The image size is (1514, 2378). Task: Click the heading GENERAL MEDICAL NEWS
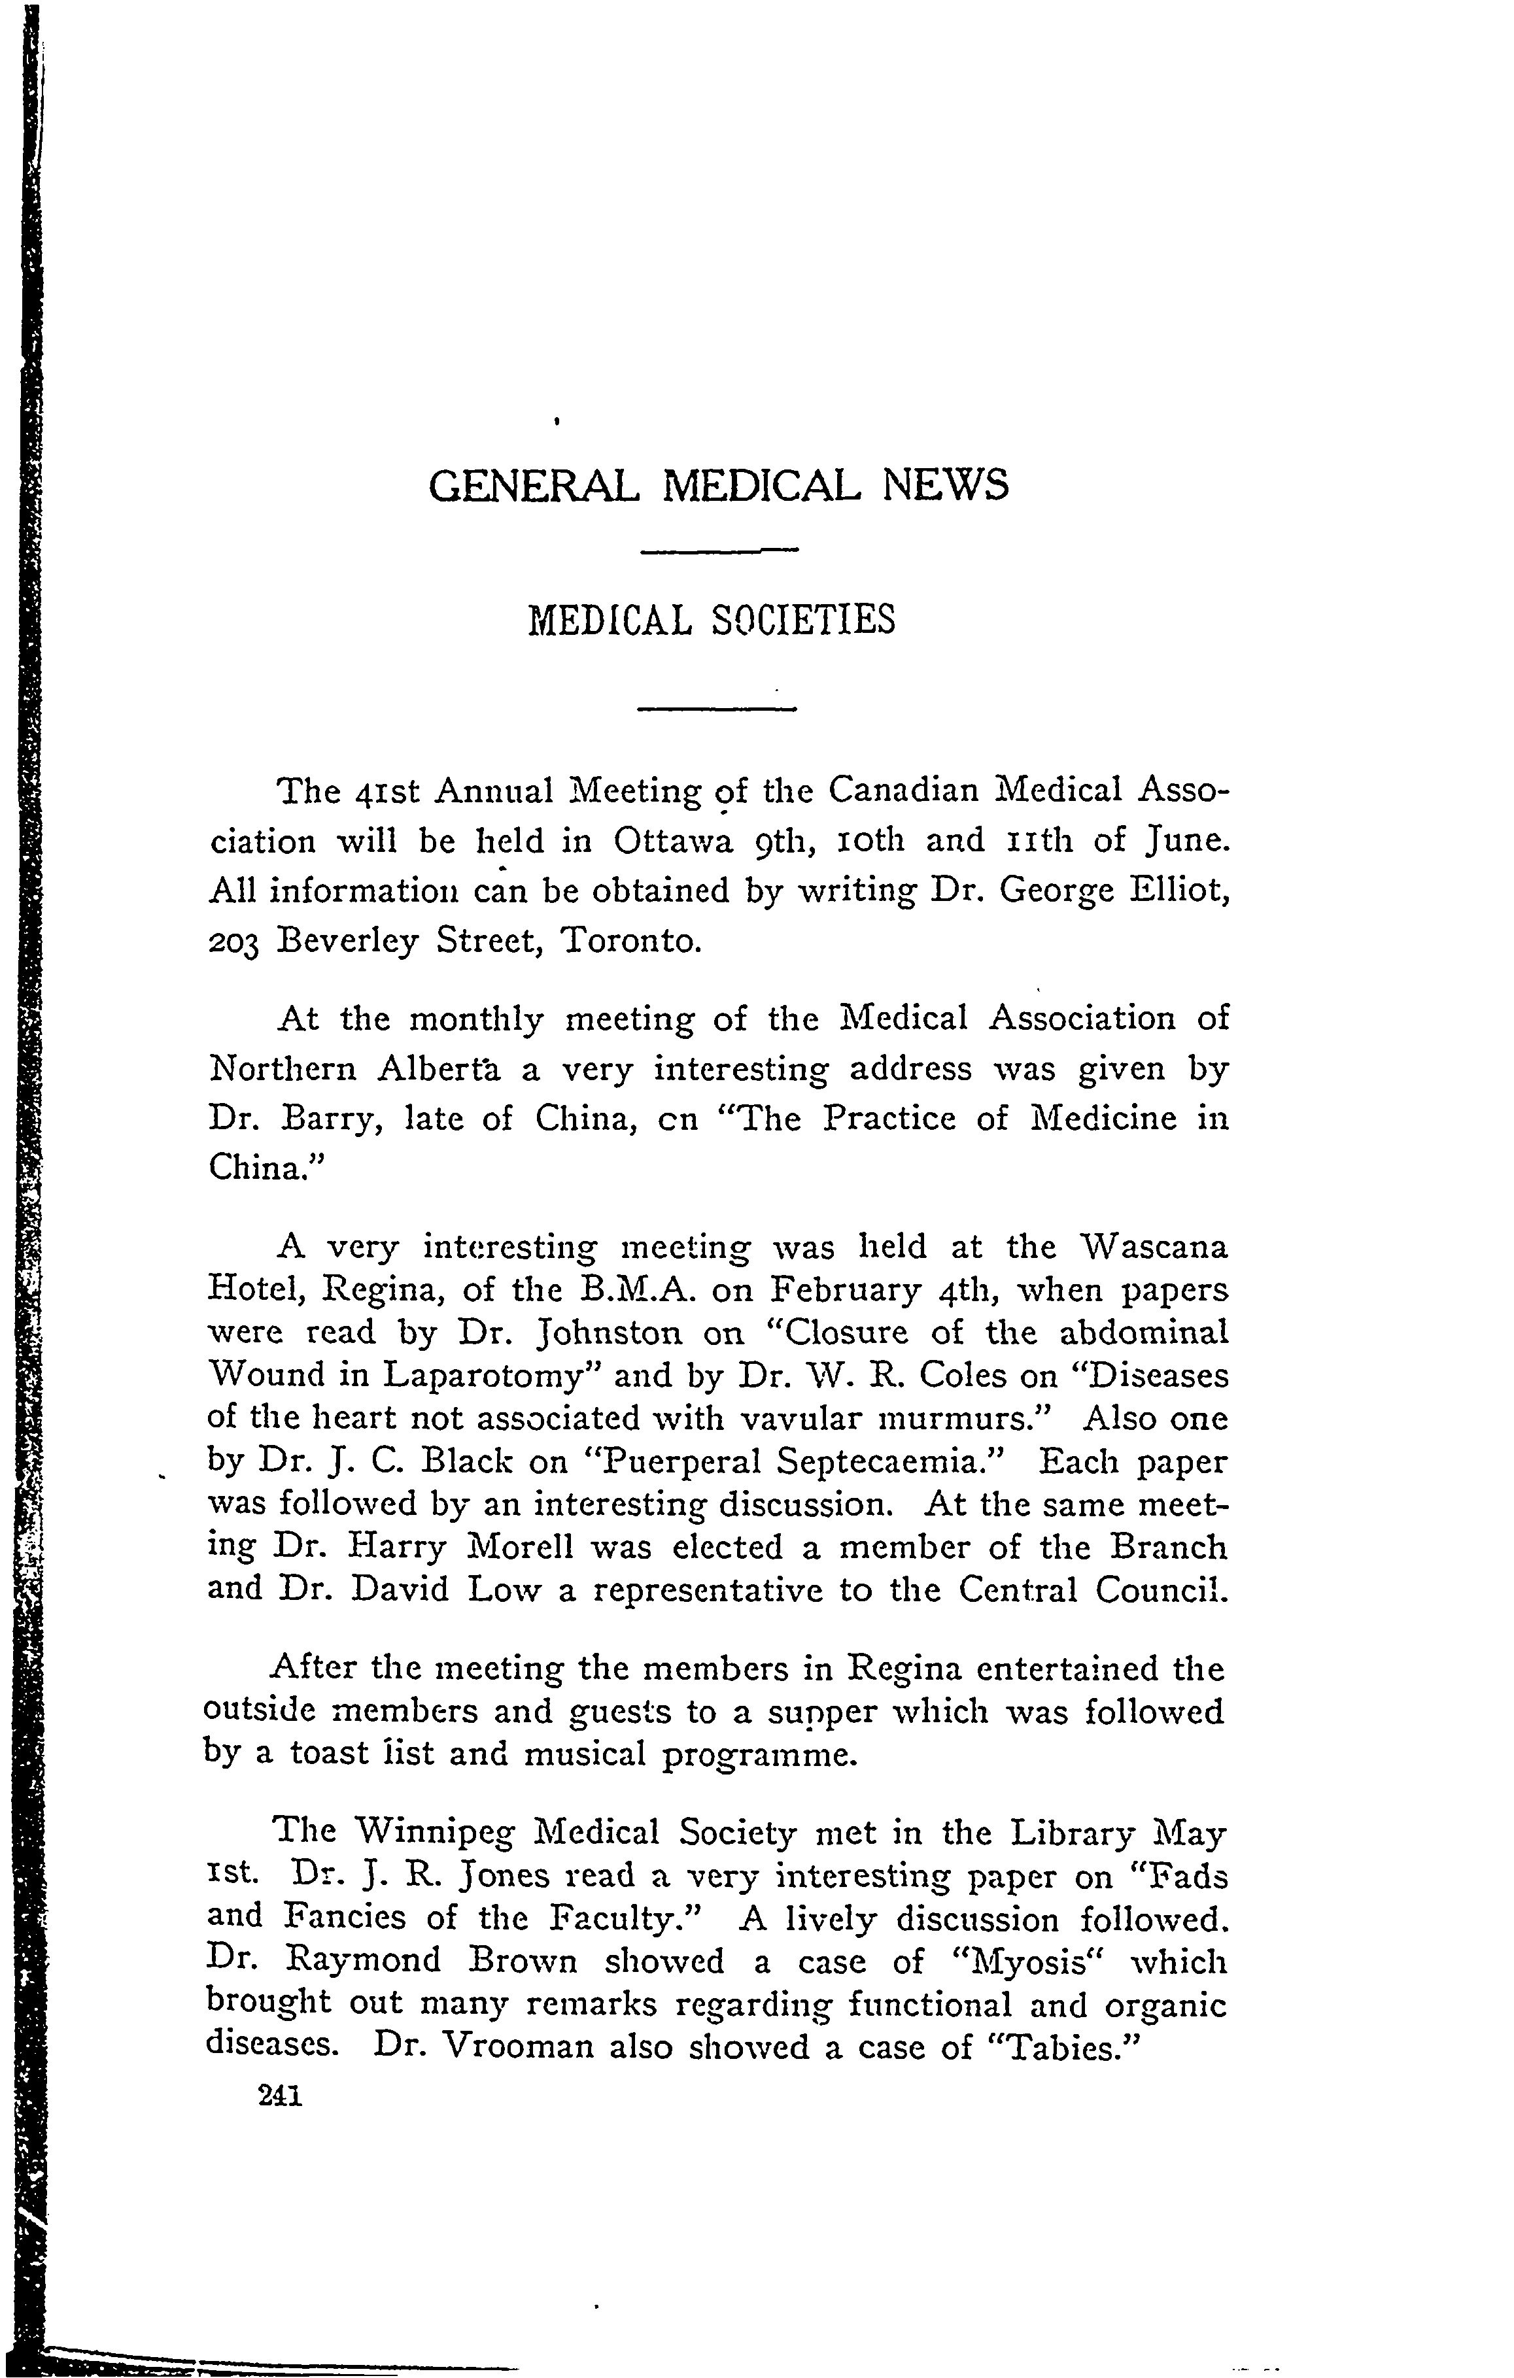[719, 486]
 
